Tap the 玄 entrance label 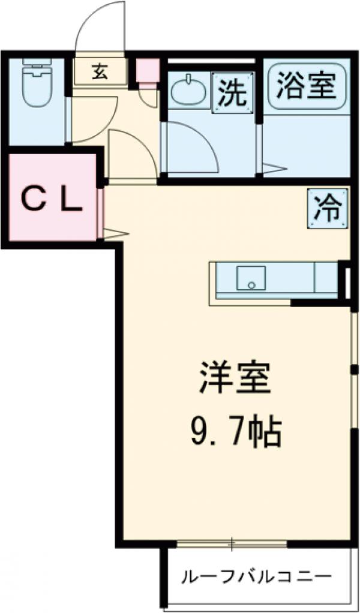pyautogui.click(x=99, y=71)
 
